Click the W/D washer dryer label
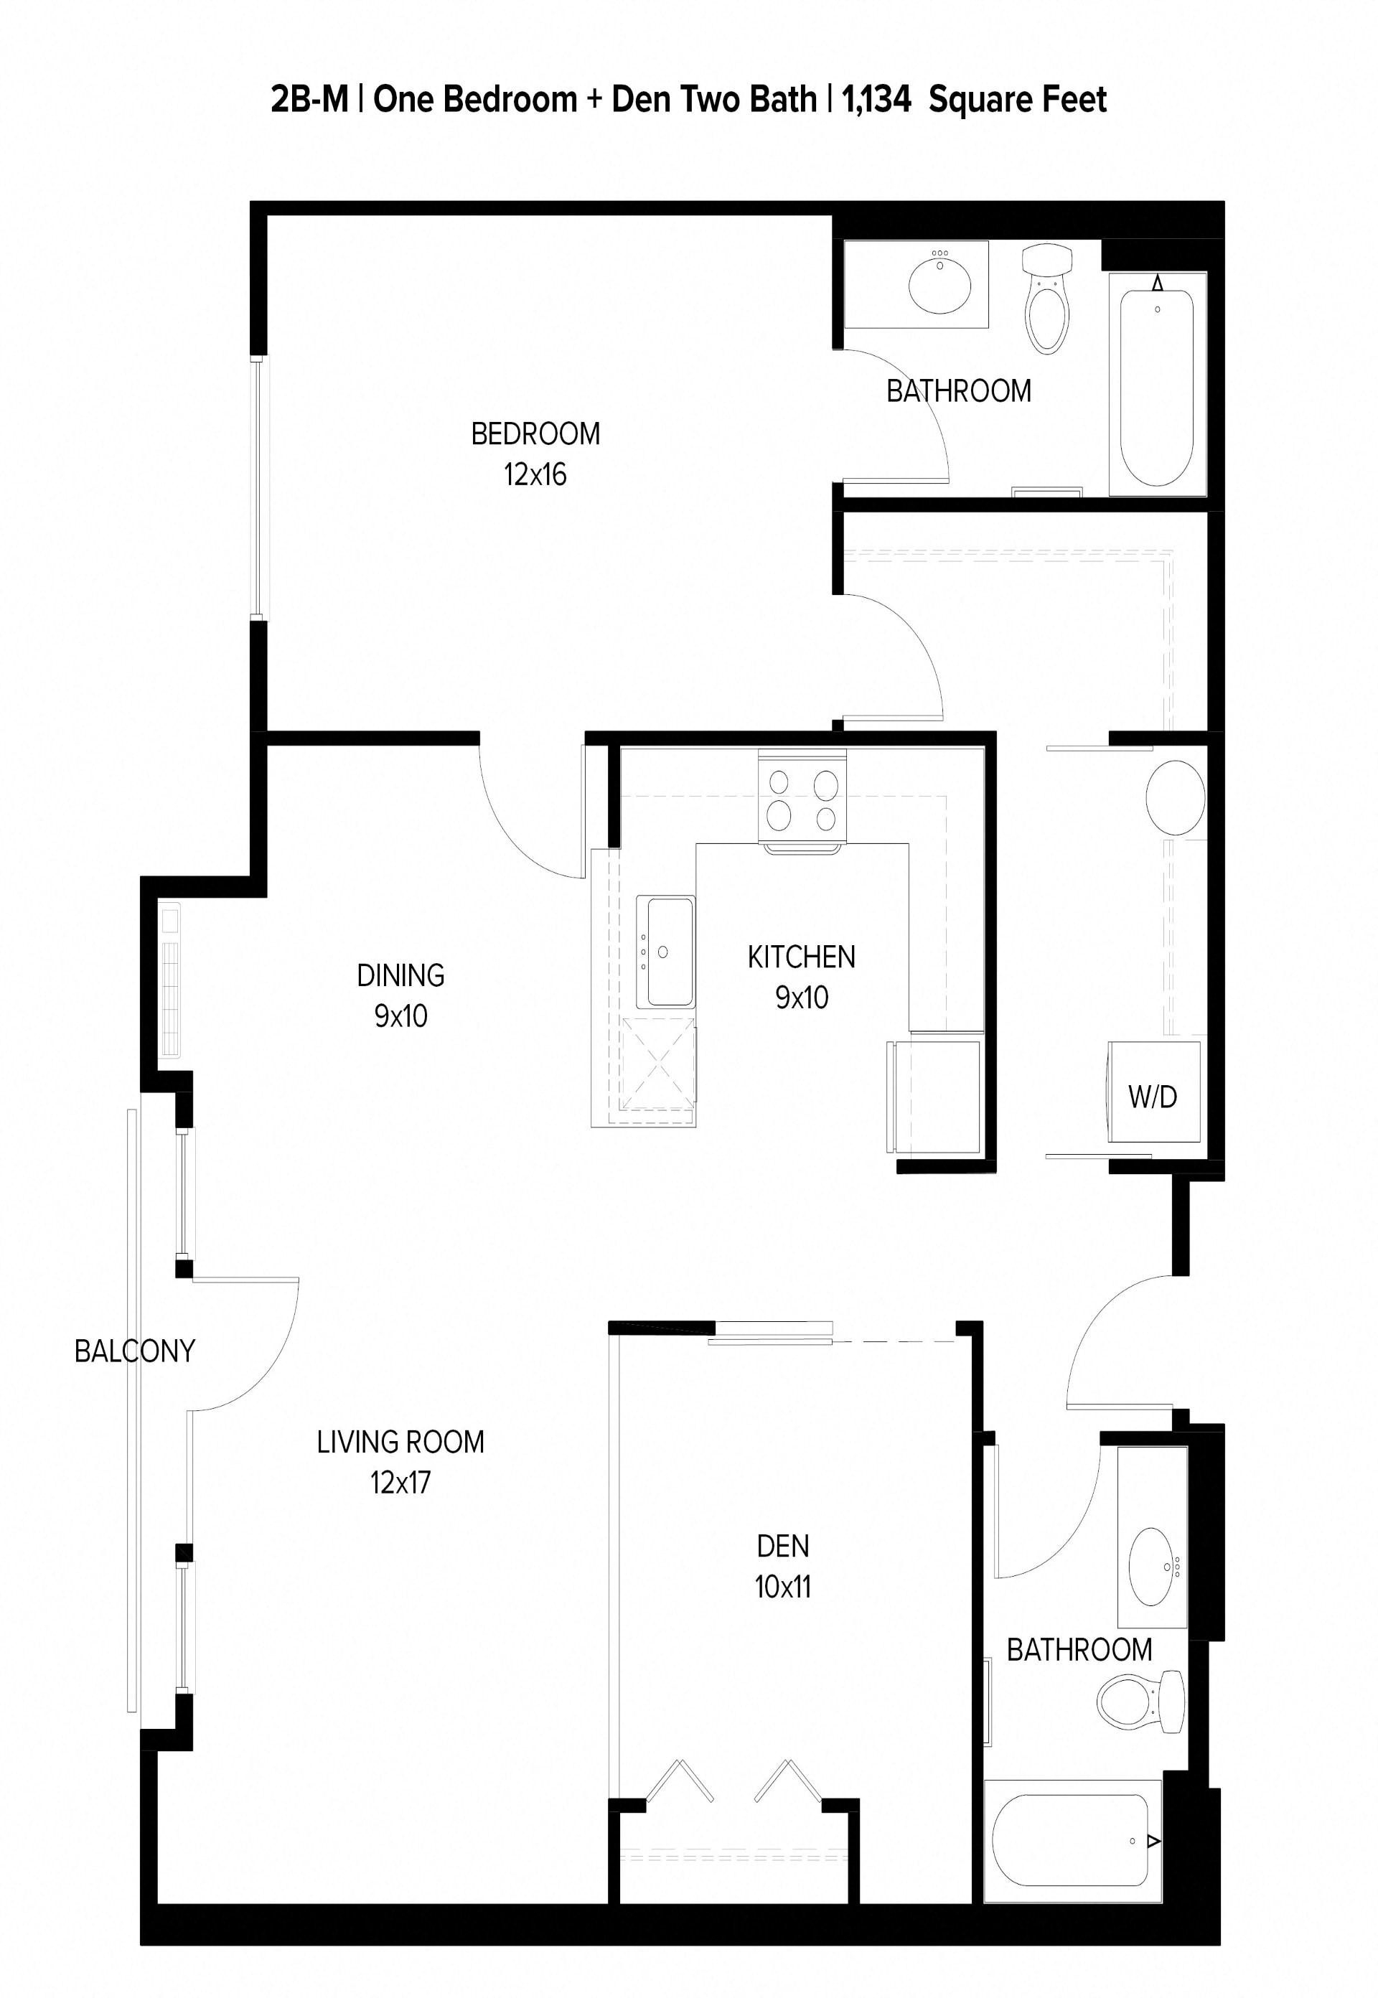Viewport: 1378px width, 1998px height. pos(1152,1097)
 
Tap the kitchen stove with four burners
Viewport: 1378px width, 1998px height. pos(802,795)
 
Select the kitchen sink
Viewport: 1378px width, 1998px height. pos(665,952)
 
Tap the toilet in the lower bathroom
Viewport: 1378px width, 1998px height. pos(1140,1702)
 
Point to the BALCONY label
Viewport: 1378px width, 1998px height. pos(135,1351)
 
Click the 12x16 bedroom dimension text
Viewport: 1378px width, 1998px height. pos(535,474)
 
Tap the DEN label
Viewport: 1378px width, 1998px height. pos(782,1546)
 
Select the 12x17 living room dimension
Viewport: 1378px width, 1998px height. pos(400,1483)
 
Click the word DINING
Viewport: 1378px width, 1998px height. pos(400,975)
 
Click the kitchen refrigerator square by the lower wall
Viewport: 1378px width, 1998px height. pos(934,1097)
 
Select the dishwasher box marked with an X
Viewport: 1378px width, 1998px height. pos(657,1070)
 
